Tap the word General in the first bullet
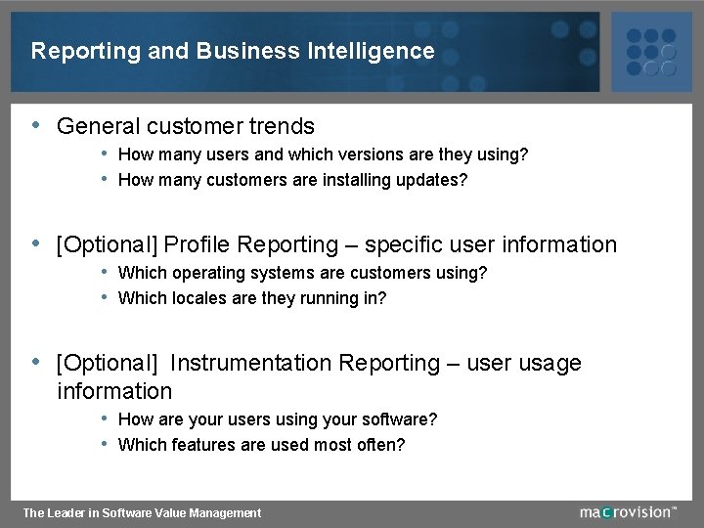click(99, 127)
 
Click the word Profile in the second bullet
click(198, 245)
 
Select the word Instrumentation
click(250, 364)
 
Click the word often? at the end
click(380, 445)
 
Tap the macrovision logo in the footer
click(627, 511)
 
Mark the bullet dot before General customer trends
click(36, 125)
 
